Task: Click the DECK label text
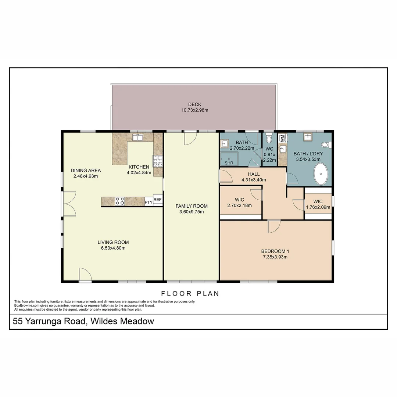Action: [x=195, y=104]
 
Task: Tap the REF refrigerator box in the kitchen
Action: [x=157, y=200]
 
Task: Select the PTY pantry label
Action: [x=149, y=202]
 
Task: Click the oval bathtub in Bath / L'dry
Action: [x=321, y=174]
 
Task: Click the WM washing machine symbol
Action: [x=282, y=138]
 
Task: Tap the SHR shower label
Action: [x=229, y=163]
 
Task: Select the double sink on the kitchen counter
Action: [x=138, y=137]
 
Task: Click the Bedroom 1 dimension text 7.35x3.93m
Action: [x=275, y=257]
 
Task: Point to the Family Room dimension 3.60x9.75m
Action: [x=192, y=212]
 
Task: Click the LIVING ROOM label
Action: [x=113, y=242]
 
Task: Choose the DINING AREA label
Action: [x=86, y=171]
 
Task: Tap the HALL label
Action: [x=254, y=174]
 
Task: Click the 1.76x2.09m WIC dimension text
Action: [x=318, y=207]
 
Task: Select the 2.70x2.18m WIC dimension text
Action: [x=240, y=205]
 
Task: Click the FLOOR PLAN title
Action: [x=190, y=294]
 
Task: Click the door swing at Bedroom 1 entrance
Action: [x=274, y=226]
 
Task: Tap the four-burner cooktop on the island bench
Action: [x=120, y=201]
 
